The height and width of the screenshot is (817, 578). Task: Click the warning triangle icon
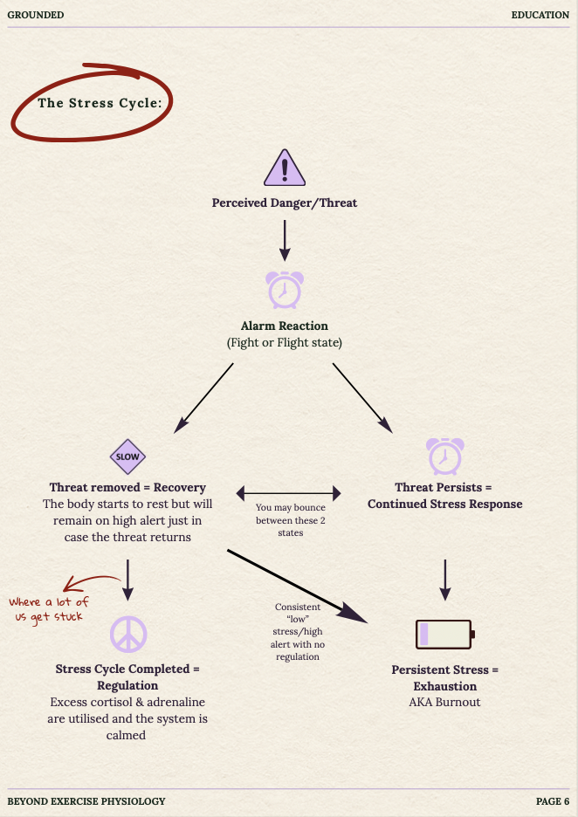285,168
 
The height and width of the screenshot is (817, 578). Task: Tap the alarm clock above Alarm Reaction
285,290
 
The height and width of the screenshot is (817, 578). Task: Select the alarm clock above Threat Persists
445,456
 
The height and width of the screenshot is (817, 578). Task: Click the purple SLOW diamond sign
127,457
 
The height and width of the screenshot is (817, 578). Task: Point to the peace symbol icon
128,634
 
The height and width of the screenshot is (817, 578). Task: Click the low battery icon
445,634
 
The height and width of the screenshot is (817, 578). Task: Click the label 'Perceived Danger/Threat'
285,203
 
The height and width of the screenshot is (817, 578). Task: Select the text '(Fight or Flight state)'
285,343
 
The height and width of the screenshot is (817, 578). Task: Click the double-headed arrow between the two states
288,493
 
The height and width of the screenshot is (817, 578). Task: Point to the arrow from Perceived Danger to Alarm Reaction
285,240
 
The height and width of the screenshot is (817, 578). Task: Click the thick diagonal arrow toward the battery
298,587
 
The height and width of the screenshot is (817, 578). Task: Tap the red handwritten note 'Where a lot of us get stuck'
49,609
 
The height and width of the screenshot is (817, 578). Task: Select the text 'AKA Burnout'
445,702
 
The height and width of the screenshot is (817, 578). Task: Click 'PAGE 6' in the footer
553,801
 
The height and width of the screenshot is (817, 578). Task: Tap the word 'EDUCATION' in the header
540,15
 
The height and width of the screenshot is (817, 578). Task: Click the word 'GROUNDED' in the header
36,15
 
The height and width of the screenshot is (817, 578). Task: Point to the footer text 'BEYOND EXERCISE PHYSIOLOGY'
86,801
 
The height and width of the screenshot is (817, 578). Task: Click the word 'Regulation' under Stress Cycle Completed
127,686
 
